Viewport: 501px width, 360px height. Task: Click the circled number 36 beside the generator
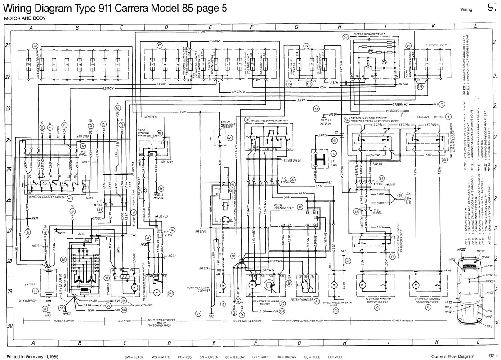(x=63, y=259)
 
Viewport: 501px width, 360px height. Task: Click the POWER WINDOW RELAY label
(x=372, y=34)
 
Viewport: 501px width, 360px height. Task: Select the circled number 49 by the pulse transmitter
(x=300, y=207)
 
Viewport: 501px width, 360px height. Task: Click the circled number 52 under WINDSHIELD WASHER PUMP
(x=335, y=310)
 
